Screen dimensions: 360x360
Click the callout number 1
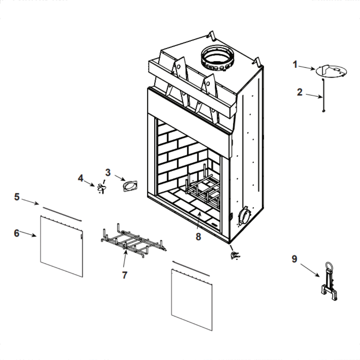tap(295, 65)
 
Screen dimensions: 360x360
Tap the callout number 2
tap(300, 92)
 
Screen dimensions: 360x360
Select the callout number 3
tap(108, 172)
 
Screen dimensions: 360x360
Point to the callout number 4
tap(81, 178)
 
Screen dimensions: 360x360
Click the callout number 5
tap(17, 197)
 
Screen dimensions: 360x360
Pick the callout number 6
tap(17, 233)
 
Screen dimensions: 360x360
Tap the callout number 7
tap(125, 275)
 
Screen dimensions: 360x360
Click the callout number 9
tap(294, 259)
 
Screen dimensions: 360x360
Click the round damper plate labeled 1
tap(331, 71)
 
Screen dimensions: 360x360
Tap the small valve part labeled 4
tap(101, 187)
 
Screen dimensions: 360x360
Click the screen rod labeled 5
tap(62, 213)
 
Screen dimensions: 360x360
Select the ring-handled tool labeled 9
tap(329, 283)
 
